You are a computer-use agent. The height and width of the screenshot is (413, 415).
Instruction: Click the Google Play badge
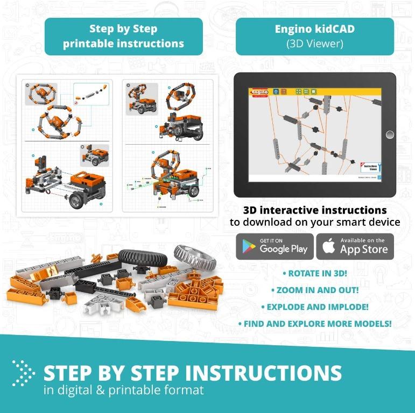tap(275, 246)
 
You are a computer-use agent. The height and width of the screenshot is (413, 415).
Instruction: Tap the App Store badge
tap(355, 246)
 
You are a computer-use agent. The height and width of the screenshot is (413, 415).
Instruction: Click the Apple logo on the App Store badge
tap(329, 246)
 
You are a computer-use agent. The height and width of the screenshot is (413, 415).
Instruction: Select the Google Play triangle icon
tap(249, 247)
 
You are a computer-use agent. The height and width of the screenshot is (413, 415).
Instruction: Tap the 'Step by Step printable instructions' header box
tap(123, 37)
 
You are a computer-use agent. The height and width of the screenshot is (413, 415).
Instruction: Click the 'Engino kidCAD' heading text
tap(314, 30)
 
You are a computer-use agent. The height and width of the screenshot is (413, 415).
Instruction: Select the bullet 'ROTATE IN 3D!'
tap(315, 273)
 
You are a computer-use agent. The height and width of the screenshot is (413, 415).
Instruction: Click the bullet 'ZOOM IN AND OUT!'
tap(315, 290)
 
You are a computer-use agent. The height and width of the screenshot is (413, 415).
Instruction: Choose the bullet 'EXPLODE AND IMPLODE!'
tap(315, 307)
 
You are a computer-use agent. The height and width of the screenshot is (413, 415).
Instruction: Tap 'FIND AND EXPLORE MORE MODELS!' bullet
tap(315, 324)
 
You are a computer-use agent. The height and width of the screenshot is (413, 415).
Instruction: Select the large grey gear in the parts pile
tap(195, 257)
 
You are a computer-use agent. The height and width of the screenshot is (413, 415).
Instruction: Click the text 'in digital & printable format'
tap(123, 390)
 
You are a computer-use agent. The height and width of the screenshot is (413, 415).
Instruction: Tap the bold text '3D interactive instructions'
tap(315, 210)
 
